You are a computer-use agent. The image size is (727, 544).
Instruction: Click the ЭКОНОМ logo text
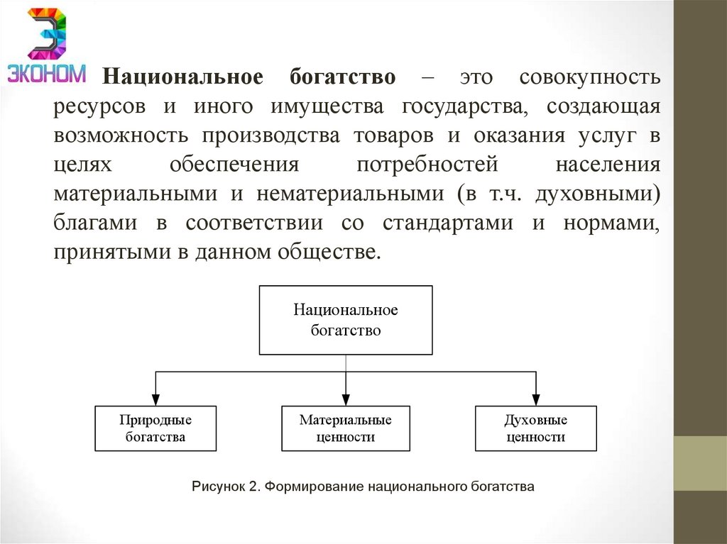point(47,74)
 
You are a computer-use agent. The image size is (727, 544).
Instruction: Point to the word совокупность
point(589,77)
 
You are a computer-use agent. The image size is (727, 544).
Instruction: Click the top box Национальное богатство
point(346,320)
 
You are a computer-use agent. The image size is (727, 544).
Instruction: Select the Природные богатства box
point(155,428)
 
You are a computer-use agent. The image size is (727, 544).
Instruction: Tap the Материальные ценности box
point(346,428)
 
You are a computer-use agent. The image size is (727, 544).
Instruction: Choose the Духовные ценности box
point(536,428)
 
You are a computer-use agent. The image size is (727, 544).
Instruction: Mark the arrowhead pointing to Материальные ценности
point(346,400)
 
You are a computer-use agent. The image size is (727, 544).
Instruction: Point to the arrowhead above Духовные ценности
point(536,400)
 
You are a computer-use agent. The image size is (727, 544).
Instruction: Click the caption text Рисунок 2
point(226,487)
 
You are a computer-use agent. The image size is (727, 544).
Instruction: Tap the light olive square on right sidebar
point(700,463)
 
